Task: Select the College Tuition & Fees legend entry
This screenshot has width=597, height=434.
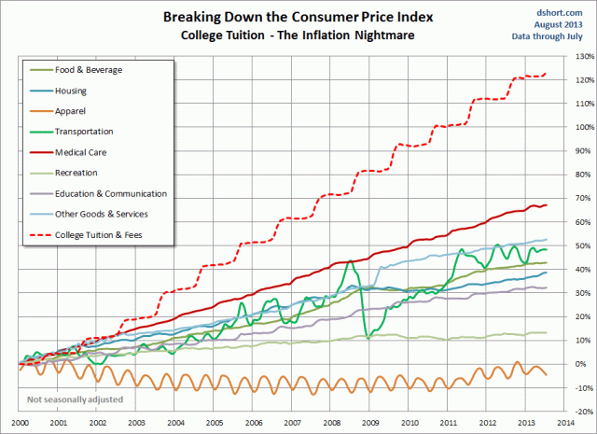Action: pyautogui.click(x=114, y=233)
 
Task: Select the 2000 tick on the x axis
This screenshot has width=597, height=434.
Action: pyautogui.click(x=19, y=423)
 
